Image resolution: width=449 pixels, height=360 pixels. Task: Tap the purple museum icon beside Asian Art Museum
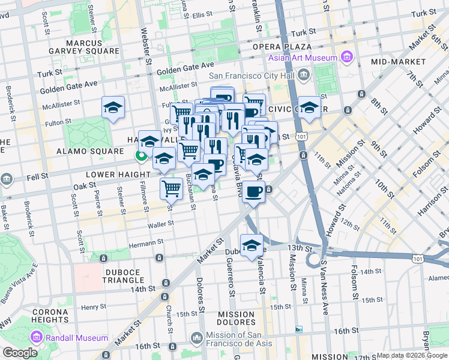coord(346,57)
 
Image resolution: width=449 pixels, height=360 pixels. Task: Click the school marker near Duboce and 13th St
coord(252,245)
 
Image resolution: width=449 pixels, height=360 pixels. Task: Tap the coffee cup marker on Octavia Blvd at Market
coord(254,192)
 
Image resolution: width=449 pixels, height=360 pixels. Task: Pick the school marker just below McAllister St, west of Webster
coord(112,107)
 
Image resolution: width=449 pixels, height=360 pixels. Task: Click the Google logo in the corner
coord(20,353)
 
